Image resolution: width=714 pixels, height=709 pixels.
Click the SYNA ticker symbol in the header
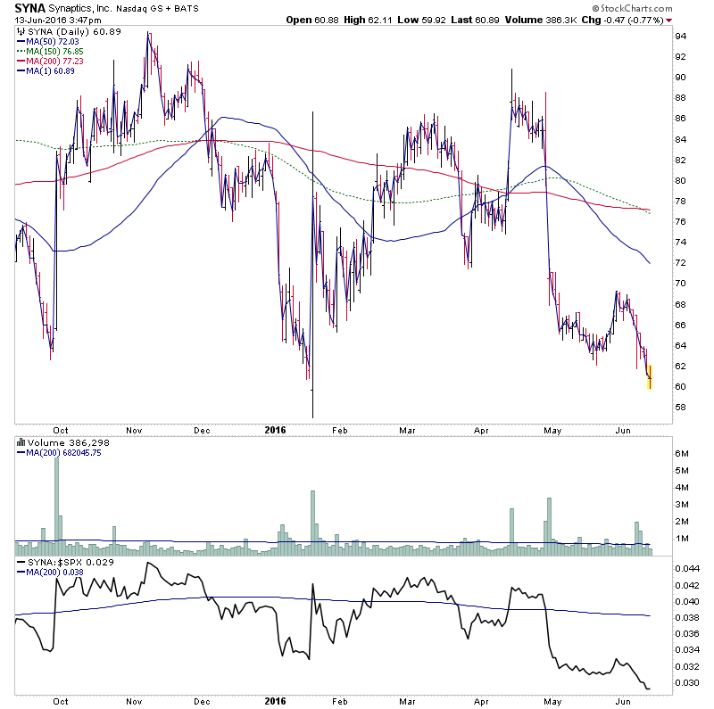[30, 8]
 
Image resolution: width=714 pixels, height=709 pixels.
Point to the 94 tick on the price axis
[680, 36]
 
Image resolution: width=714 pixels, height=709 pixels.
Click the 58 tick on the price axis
[680, 407]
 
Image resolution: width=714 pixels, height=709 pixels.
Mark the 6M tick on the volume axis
[683, 454]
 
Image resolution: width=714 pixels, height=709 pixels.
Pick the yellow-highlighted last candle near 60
[650, 378]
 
